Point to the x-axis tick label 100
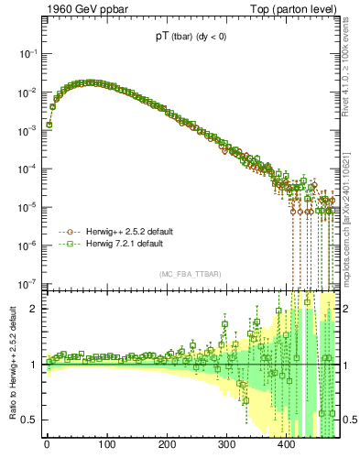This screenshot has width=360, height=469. coord(107,446)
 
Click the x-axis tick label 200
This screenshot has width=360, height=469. coord(167,446)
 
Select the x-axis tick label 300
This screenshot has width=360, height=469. coord(226,446)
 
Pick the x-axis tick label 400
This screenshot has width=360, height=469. coord(287,446)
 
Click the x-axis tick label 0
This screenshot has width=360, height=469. coord(48,446)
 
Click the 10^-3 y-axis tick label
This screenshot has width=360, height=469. coord(28,130)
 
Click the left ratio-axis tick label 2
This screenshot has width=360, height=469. coord(35,309)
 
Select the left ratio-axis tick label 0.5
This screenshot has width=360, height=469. coord(30,420)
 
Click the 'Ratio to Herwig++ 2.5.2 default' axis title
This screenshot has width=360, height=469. coord(11,365)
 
